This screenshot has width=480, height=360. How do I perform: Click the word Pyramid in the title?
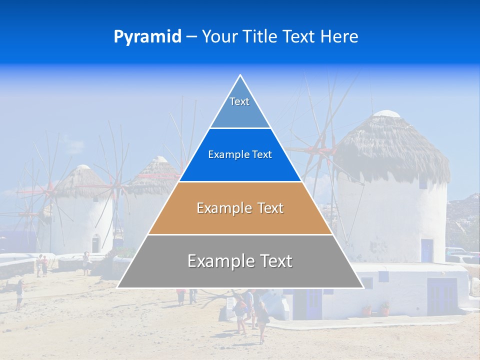point(147,36)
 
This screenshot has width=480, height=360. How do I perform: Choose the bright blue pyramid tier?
point(240,155)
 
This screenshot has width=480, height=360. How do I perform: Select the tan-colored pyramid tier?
point(240,208)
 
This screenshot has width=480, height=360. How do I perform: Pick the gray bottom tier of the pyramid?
point(240,261)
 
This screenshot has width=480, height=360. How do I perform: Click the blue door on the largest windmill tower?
point(426,250)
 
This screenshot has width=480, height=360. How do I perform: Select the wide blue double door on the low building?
point(441,296)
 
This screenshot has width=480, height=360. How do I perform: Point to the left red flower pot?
point(367,310)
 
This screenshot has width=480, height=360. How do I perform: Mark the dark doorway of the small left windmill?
point(95,243)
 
